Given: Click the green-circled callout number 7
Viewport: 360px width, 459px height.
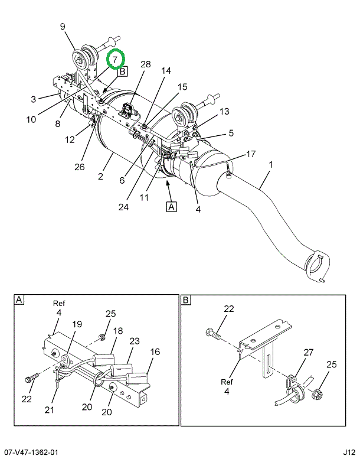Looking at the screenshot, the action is [115, 60].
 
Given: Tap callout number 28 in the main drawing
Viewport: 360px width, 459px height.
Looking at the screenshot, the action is [145, 64].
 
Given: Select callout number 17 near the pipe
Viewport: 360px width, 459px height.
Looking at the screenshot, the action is [251, 154].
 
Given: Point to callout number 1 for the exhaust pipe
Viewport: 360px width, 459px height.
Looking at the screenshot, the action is [270, 164].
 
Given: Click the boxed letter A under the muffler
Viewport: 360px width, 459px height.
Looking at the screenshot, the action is [171, 207].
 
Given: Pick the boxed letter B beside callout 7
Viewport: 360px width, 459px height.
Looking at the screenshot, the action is [123, 71].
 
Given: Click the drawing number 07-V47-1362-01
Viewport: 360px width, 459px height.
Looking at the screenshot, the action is [29, 453].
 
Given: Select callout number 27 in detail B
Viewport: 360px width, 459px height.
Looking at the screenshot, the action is [308, 353].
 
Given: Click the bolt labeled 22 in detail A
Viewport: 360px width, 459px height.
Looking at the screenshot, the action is [32, 378].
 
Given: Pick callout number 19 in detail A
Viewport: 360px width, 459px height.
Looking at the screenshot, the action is [77, 324].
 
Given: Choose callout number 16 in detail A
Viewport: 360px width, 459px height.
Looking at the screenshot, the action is [155, 351].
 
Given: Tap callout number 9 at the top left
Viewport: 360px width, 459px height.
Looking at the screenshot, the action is [63, 27].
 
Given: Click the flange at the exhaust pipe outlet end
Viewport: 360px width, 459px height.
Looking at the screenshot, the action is [318, 266].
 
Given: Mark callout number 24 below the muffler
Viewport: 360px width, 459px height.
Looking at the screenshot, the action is [124, 207].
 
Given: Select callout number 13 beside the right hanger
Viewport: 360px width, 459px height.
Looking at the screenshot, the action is [224, 111].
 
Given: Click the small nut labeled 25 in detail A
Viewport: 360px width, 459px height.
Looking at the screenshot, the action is [102, 337].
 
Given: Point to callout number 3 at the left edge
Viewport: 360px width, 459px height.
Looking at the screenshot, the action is [33, 99].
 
